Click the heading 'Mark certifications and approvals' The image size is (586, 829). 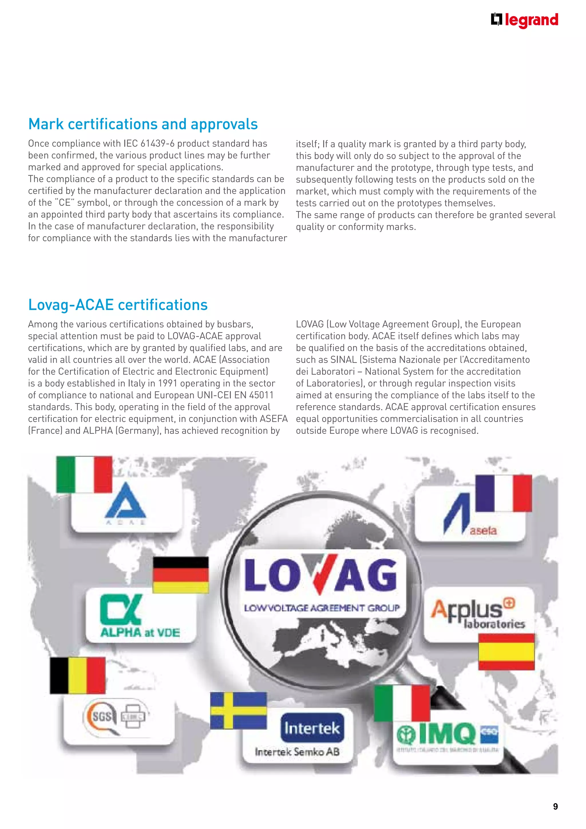[143, 124]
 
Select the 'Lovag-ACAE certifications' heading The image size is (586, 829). [118, 305]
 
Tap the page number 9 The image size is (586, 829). [555, 806]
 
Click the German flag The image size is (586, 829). [181, 575]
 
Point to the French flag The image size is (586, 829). [503, 493]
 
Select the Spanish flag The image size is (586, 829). [506, 652]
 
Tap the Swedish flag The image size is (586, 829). [239, 710]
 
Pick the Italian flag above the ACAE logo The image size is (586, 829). [84, 474]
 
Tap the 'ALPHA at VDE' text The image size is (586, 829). [140, 633]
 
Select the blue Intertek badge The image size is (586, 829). [312, 728]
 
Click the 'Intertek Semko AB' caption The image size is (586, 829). [297, 752]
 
